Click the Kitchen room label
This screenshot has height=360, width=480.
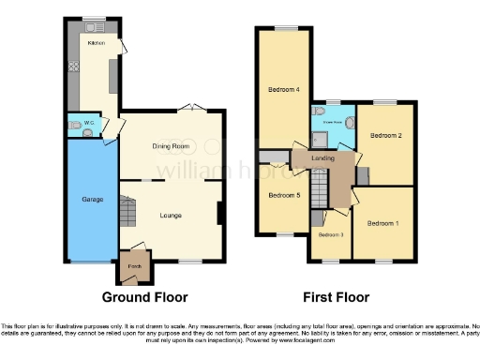(95, 43)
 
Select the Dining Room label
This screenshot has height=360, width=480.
(171, 146)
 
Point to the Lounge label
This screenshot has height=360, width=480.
(171, 216)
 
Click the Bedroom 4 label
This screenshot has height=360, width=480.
(285, 89)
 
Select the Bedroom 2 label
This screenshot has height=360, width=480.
(385, 136)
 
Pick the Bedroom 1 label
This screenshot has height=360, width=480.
(382, 223)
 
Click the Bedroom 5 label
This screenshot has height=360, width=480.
(284, 195)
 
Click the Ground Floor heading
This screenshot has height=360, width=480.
(144, 297)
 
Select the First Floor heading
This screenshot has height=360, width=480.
(336, 297)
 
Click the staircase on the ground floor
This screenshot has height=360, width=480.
(126, 207)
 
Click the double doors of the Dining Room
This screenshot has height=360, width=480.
(190, 107)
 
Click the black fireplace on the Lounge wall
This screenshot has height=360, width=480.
(219, 214)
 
